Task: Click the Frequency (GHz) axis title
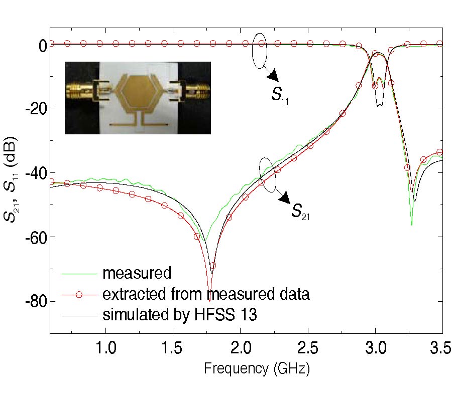tap(256, 369)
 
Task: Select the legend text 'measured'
tap(137, 274)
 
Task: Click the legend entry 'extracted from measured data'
tap(205, 294)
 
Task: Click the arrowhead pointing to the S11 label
tap(273, 76)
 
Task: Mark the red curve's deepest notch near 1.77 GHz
tap(209, 300)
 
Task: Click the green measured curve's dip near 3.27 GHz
tap(412, 224)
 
